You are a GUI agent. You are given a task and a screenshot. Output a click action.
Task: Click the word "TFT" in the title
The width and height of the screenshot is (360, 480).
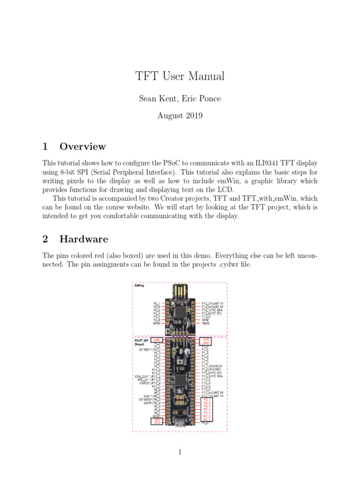tap(146, 76)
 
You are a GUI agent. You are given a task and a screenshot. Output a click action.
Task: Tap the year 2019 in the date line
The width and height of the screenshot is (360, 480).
tap(193, 115)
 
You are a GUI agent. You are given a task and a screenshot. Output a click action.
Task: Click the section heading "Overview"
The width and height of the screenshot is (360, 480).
tap(82, 146)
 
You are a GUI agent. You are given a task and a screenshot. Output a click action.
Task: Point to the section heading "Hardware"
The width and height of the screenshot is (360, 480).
tap(83, 239)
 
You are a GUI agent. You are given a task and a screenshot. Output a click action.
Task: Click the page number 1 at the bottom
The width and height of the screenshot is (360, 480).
tap(180, 452)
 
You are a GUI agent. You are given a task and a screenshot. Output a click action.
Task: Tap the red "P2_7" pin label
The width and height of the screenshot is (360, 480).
tap(207, 399)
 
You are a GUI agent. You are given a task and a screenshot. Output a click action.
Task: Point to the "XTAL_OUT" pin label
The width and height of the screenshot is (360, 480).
tap(143, 376)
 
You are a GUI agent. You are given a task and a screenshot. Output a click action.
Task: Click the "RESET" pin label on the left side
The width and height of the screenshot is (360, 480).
tap(156, 416)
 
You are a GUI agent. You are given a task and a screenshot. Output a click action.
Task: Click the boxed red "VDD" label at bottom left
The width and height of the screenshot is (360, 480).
tap(157, 423)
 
